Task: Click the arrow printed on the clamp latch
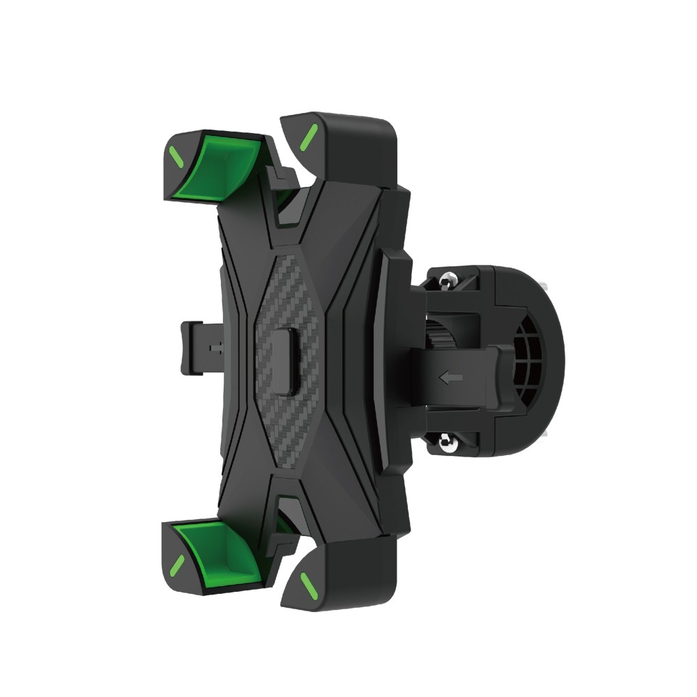point(452,378)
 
